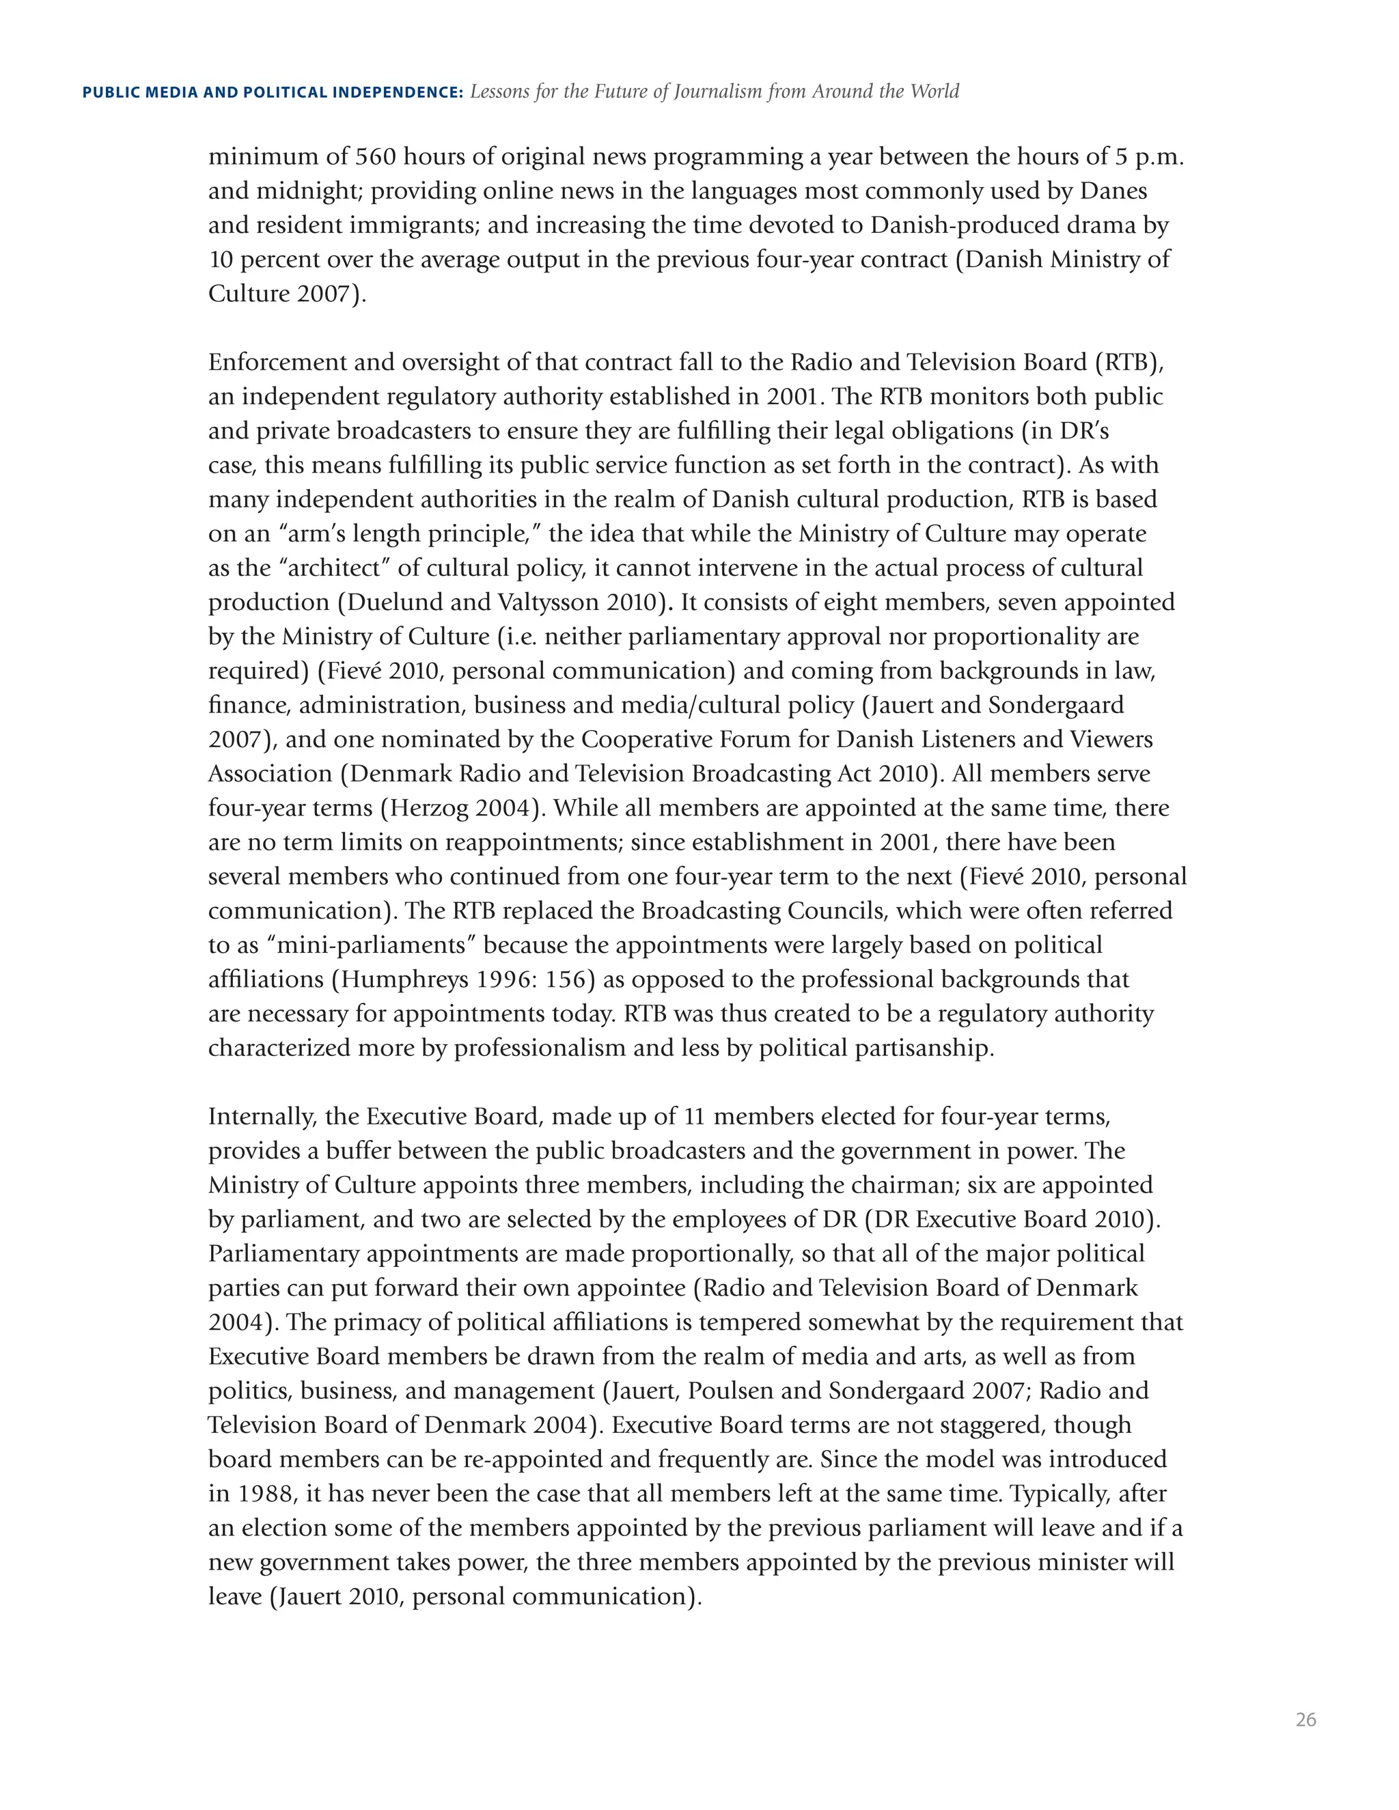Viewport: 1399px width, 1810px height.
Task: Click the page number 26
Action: [1305, 1720]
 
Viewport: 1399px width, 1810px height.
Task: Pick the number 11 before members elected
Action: [694, 1117]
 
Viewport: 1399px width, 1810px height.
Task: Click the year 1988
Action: [265, 1494]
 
